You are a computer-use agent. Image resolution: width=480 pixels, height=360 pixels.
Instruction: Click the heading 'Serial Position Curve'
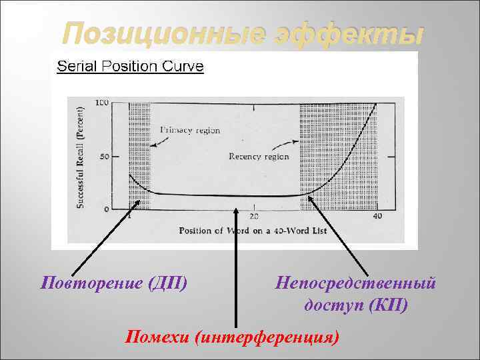131,66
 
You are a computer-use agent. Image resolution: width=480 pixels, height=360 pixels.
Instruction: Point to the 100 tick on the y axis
102,103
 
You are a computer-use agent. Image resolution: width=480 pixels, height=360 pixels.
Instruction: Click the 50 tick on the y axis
105,157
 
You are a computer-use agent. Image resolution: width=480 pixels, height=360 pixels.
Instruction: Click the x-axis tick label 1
129,217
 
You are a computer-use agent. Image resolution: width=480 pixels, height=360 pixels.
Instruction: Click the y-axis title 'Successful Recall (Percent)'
80,157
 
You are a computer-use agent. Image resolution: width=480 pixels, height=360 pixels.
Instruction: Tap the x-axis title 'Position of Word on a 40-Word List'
251,231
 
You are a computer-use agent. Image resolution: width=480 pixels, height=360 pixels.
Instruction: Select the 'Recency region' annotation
259,157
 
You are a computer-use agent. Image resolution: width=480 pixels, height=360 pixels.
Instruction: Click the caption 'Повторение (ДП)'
114,283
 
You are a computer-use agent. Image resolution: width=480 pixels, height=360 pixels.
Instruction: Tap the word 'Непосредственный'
356,283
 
